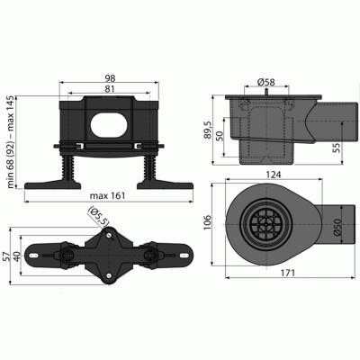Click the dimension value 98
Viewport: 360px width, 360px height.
click(107, 77)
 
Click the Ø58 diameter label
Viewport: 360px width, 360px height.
click(265, 84)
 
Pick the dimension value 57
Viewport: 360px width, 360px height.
click(9, 256)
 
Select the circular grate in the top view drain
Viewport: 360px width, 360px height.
click(265, 223)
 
